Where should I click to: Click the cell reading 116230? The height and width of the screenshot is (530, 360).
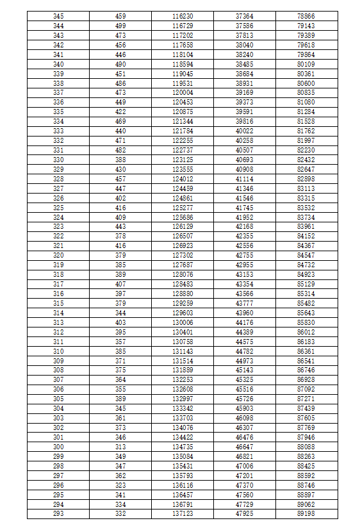183,15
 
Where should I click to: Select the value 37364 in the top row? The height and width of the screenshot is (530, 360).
244,15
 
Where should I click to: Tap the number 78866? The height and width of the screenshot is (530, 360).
306,15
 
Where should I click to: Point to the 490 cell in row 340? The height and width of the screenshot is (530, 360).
120,64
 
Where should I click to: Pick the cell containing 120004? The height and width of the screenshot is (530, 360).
183,93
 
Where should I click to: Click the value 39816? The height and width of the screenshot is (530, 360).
244,121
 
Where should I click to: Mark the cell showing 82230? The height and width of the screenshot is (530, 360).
306,150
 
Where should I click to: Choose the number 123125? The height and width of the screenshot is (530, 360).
183,160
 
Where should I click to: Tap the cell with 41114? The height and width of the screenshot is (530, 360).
244,179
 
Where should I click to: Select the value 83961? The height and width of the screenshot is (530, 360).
306,226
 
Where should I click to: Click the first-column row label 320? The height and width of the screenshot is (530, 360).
58,255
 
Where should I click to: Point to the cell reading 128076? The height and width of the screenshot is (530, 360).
183,274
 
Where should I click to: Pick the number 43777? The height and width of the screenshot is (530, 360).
244,303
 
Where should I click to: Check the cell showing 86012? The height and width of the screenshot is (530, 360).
306,332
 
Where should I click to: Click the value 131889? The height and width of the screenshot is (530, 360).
183,370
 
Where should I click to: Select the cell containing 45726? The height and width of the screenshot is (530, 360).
244,399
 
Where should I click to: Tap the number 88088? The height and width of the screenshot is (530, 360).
306,447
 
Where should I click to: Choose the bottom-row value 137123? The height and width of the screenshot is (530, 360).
183,514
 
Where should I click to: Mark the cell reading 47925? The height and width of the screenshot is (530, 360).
244,514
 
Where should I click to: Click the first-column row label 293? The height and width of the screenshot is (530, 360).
58,514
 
